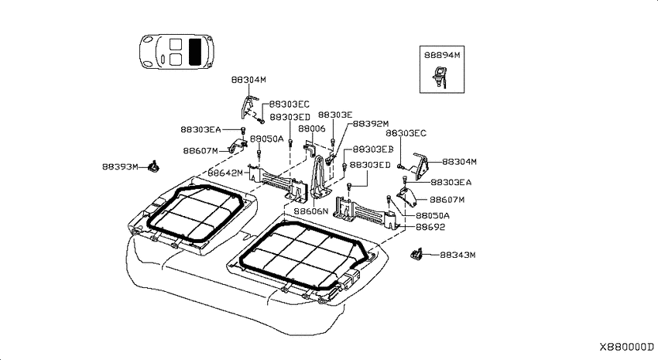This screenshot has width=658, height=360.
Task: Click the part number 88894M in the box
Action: [442, 55]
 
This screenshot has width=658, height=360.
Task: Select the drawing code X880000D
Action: [626, 347]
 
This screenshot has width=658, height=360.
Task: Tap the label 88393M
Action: [120, 167]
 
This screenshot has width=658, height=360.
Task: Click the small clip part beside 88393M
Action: [154, 166]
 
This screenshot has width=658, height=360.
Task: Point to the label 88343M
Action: [458, 255]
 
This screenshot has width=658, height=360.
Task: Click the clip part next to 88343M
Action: [416, 254]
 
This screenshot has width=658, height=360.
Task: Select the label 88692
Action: [430, 227]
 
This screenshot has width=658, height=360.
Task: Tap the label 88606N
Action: [311, 211]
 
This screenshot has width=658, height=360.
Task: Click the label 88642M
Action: [225, 173]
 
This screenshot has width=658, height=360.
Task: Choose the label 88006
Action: [312, 129]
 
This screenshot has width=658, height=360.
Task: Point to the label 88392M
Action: [371, 124]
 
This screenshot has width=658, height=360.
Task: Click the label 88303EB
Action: [373, 149]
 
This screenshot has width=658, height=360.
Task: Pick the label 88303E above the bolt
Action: [335, 115]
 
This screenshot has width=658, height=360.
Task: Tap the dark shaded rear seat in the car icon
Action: [196, 52]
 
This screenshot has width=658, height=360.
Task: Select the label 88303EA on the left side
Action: [200, 129]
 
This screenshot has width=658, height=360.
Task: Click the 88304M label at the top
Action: [248, 80]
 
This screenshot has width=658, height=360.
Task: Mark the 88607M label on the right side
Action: [447, 200]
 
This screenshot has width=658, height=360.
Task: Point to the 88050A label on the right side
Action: [432, 216]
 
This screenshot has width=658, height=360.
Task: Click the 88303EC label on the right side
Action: [406, 133]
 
